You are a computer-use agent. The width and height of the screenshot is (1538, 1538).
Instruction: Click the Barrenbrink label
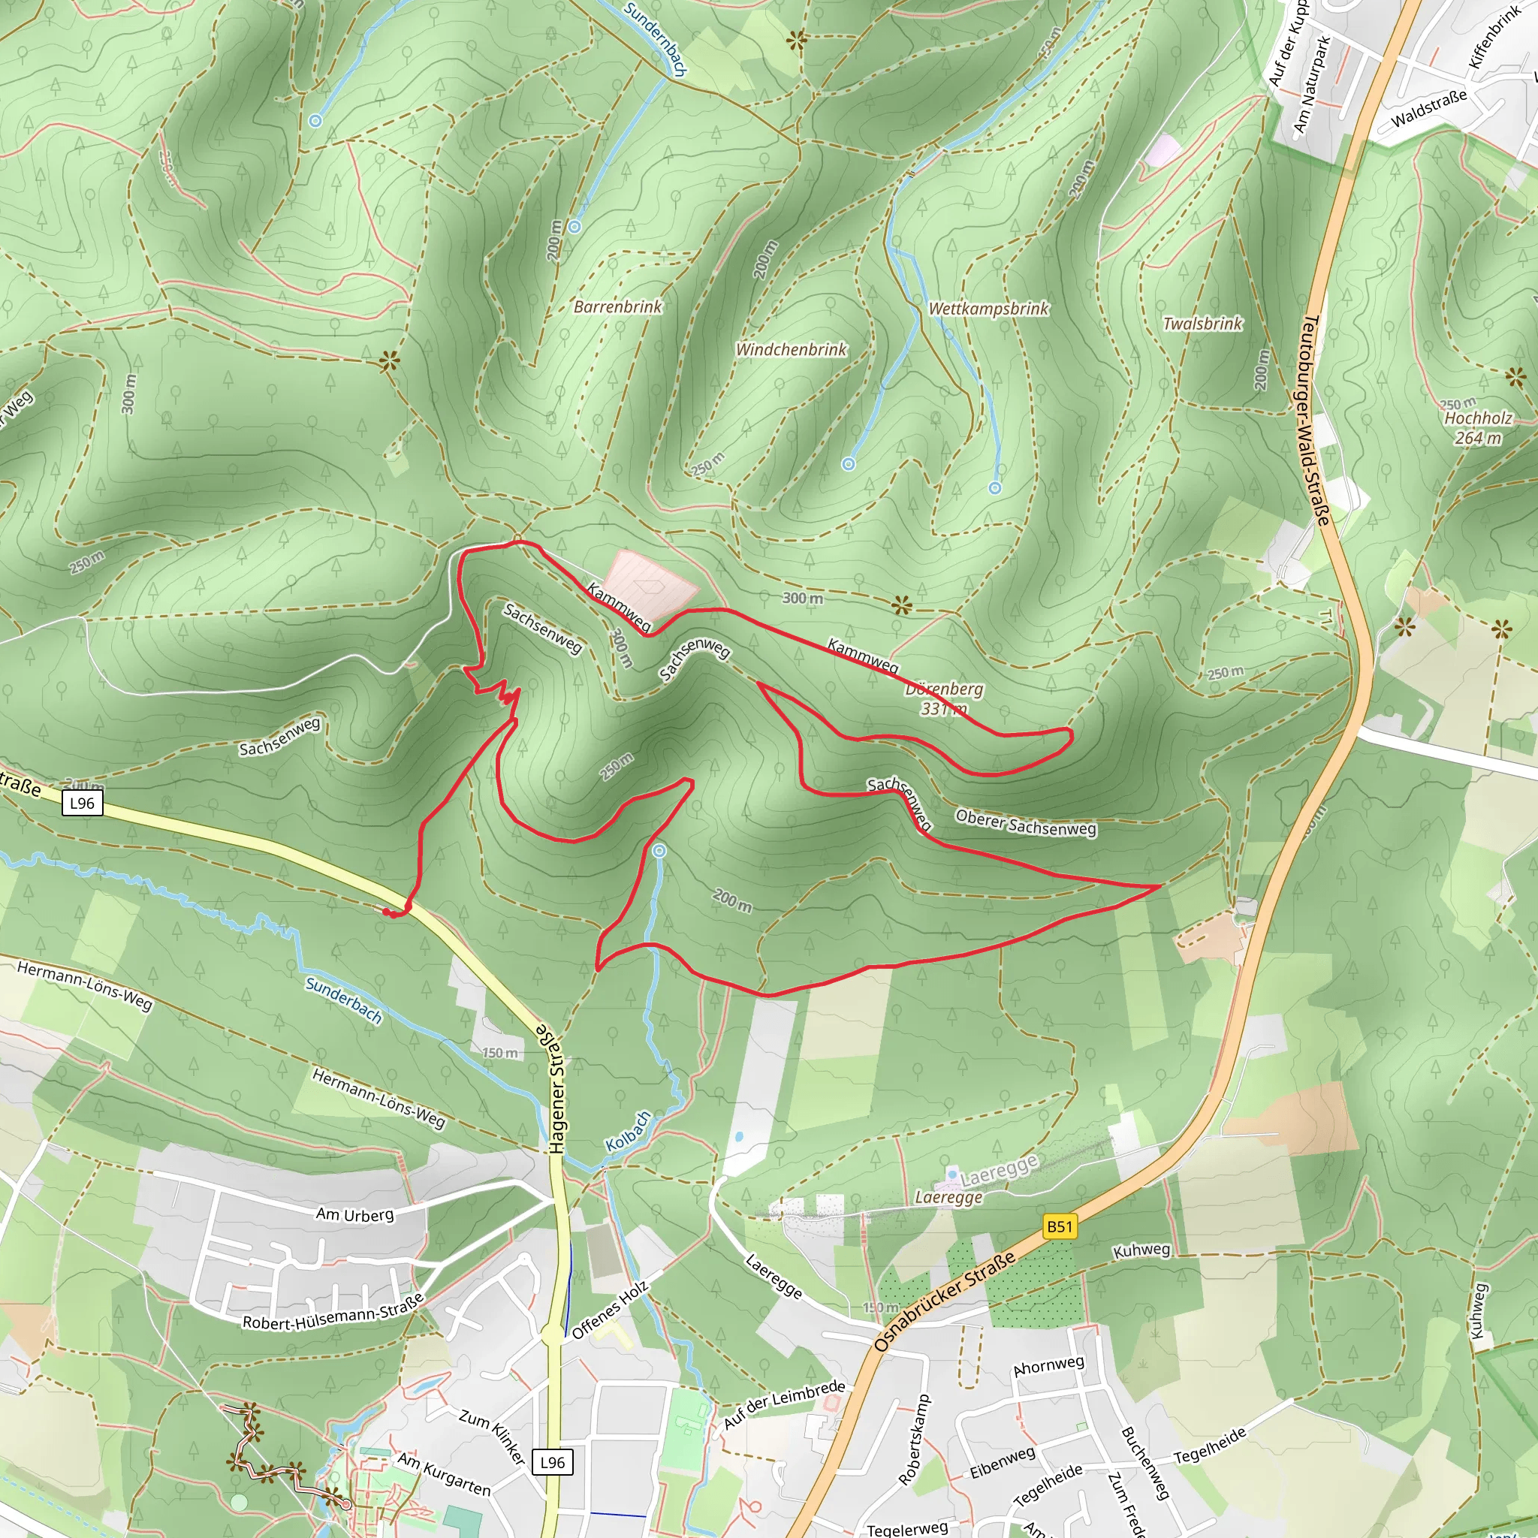click(618, 306)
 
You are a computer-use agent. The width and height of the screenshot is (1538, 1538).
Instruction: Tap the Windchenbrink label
click(791, 349)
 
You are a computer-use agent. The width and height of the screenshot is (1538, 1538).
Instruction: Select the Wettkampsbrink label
click(989, 309)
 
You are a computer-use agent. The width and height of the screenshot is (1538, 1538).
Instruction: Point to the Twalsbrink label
click(1202, 324)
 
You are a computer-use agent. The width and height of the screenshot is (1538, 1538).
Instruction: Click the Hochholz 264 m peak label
click(1478, 427)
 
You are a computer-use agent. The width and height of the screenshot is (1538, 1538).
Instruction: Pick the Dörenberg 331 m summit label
click(944, 698)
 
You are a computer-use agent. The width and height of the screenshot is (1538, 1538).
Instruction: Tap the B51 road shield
click(1060, 1227)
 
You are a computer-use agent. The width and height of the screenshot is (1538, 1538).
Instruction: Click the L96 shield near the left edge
click(82, 804)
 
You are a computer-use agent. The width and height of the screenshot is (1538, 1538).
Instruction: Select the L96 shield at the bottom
click(553, 1462)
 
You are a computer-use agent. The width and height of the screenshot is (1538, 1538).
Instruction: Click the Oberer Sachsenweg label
click(1025, 823)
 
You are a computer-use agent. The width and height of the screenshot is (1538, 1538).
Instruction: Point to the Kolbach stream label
click(628, 1131)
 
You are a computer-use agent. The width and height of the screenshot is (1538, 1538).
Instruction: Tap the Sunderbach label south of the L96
click(344, 1000)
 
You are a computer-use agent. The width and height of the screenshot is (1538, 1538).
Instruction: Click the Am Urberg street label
click(355, 1215)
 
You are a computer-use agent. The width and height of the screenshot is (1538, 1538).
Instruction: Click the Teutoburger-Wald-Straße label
click(1314, 421)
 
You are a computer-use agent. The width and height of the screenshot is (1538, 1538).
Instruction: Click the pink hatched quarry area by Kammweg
click(650, 584)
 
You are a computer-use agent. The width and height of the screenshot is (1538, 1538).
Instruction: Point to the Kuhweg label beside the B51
click(1141, 1250)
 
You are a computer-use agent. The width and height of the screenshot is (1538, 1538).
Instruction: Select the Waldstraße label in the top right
click(1429, 108)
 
